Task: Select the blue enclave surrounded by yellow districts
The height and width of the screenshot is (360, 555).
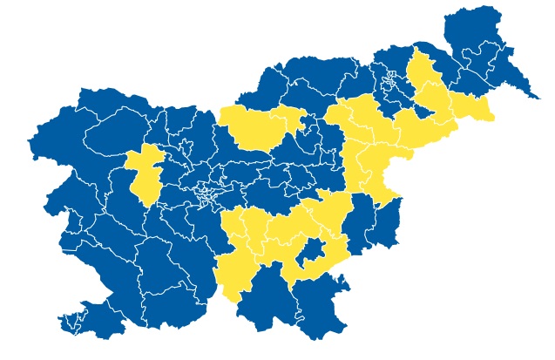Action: point(311,255)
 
